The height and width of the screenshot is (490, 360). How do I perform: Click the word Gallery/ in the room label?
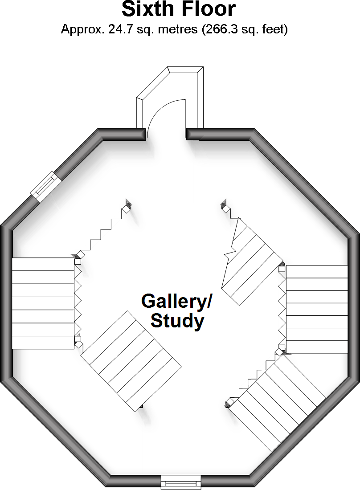pyautogui.click(x=176, y=302)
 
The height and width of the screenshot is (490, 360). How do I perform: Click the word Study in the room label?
pyautogui.click(x=177, y=321)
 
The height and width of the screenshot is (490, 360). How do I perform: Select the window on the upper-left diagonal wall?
pyautogui.click(x=45, y=187)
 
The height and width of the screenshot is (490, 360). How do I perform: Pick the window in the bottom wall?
pyautogui.click(x=181, y=482)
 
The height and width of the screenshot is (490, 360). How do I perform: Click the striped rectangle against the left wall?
pyautogui.click(x=42, y=303)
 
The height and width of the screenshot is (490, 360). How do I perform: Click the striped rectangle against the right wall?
pyautogui.click(x=316, y=309)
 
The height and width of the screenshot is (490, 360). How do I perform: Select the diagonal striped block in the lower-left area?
pyautogui.click(x=131, y=361)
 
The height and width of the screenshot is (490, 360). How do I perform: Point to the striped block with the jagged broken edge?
pyautogui.click(x=250, y=263)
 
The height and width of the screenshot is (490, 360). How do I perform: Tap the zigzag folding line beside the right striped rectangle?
pyautogui.click(x=281, y=307)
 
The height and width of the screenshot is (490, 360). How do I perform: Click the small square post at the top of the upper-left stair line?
pyautogui.click(x=128, y=204)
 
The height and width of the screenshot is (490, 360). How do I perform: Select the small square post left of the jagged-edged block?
pyautogui.click(x=225, y=206)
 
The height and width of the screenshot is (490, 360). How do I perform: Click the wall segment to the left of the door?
pyautogui.click(x=123, y=135)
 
